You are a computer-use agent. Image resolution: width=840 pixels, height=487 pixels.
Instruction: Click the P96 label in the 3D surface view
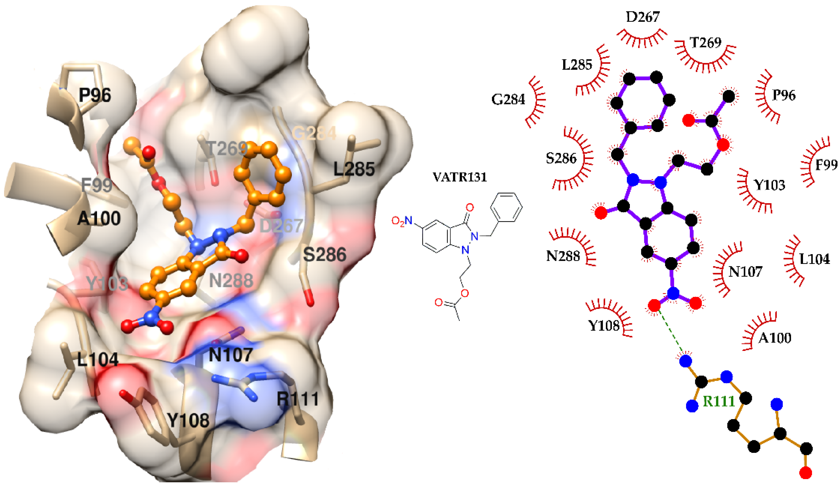[x=95, y=96]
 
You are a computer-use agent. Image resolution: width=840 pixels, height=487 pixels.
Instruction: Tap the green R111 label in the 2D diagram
[x=719, y=401]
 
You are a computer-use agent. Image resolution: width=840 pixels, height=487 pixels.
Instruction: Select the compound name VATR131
[x=460, y=177]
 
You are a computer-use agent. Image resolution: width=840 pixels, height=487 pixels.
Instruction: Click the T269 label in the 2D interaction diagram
[x=706, y=43]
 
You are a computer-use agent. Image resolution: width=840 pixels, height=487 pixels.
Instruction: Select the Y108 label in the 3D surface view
[x=188, y=420]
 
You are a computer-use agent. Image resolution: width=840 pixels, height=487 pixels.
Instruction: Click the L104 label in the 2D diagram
[x=815, y=259]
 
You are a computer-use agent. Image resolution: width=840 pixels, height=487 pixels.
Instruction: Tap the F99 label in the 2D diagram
[x=826, y=165]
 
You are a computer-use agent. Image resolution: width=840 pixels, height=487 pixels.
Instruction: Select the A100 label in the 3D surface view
[x=99, y=219]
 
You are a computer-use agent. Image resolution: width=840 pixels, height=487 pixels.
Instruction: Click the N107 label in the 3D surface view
[x=230, y=355]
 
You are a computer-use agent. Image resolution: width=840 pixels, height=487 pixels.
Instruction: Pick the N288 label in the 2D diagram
[x=563, y=256]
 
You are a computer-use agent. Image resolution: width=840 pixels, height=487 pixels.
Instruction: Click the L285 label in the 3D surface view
[x=354, y=169]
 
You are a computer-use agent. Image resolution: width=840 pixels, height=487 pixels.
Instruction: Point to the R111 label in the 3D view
[x=298, y=399]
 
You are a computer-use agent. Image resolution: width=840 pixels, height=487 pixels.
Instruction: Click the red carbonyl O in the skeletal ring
[x=470, y=208]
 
